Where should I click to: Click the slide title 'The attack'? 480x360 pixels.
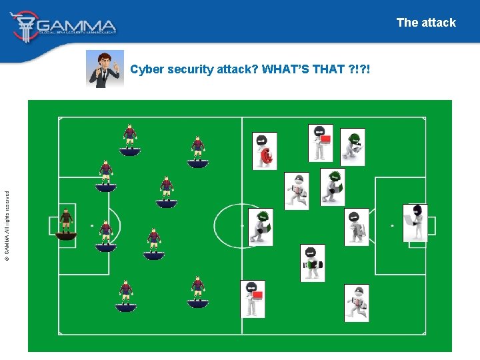[426, 23]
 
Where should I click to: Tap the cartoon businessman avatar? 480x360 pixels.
[105, 69]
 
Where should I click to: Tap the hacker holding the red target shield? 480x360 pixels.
[265, 151]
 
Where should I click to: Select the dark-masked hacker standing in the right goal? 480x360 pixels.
[415, 222]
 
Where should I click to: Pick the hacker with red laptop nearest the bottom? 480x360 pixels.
[253, 299]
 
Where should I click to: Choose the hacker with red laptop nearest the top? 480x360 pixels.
[321, 143]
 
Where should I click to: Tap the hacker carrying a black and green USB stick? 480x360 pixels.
[312, 263]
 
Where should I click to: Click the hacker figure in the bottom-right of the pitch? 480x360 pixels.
[357, 303]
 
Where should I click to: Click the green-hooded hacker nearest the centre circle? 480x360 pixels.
[260, 227]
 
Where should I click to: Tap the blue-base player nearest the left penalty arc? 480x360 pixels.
[105, 236]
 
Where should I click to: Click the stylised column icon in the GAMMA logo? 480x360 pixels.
[25, 26]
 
